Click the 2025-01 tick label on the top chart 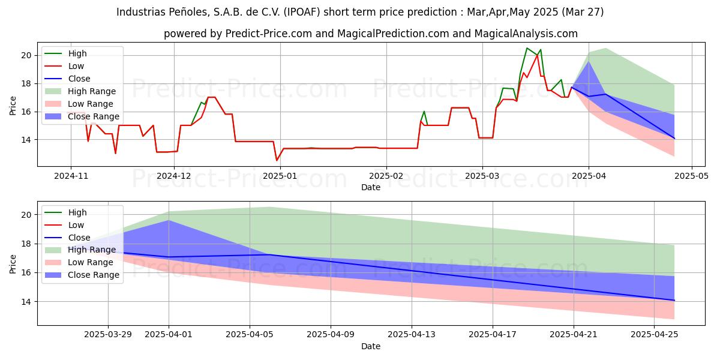point(280,176)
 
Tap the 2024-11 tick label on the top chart point(71,176)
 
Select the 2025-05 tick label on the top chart point(692,176)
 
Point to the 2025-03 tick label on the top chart point(483,176)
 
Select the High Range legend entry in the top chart point(92,91)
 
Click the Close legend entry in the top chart point(79,79)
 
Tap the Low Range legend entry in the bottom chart point(91,262)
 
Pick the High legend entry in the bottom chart point(77,212)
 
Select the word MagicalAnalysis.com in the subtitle point(526,34)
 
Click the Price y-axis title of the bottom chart point(13,263)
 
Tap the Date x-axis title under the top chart point(370,187)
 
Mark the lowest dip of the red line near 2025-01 point(277,160)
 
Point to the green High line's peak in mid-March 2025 point(527,48)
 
